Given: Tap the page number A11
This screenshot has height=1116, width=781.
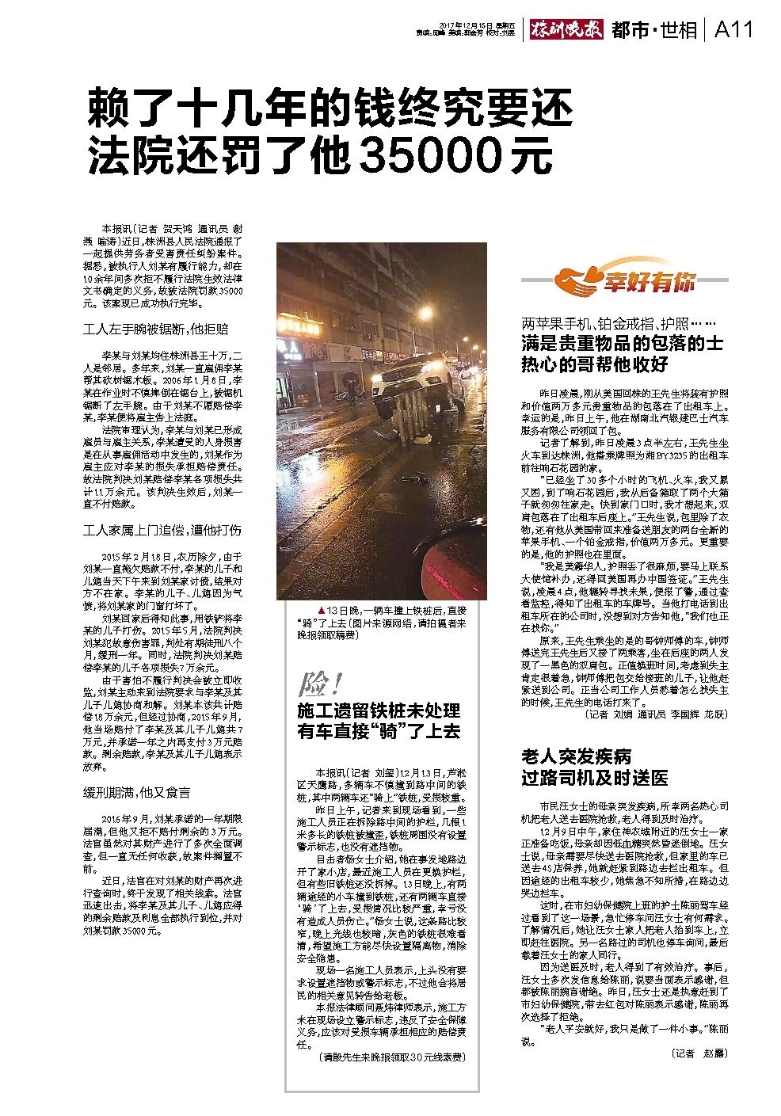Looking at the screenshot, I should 732,29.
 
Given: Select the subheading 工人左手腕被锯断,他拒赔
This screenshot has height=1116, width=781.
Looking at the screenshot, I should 156,328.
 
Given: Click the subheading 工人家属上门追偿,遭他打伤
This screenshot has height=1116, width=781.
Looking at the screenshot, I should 162,529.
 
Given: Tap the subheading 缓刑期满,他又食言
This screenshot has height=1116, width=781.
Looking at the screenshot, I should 136,791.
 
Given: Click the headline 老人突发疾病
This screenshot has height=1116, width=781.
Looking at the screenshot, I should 576,755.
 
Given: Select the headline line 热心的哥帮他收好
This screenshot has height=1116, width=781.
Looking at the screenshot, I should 595,364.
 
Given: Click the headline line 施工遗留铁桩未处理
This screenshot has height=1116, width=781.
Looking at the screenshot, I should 378,709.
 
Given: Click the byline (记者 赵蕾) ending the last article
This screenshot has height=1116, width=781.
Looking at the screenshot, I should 697,1053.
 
